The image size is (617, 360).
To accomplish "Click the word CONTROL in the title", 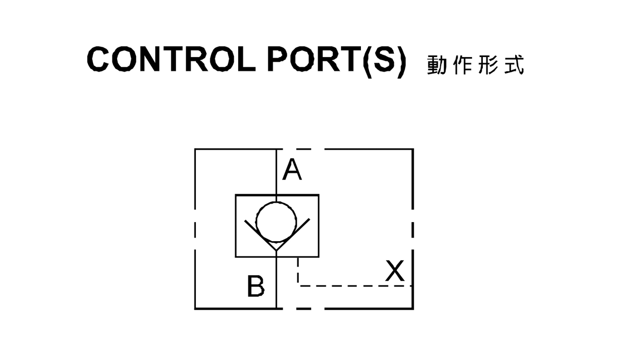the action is tap(171, 59).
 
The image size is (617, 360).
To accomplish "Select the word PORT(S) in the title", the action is tap(337, 61).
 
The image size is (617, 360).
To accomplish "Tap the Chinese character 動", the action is tap(437, 65).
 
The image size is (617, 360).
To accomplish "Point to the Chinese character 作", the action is tap(462, 65).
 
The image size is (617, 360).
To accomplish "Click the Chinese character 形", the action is tap(488, 65).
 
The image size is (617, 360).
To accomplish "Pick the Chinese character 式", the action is tap(514, 65).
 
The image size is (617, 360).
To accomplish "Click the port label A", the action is tap(292, 169).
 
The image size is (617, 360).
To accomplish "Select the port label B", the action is tap(256, 285).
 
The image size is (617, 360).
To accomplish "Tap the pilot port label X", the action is tap(395, 270).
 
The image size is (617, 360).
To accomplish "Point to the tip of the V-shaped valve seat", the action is tap(277, 250).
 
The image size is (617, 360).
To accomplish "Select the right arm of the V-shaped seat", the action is tap(293, 235).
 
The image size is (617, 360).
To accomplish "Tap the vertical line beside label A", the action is tap(277, 172).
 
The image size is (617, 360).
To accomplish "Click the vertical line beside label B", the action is tap(277, 283).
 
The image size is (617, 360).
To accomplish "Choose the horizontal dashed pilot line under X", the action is tap(355, 286).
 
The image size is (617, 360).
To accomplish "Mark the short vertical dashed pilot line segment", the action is tap(298, 271).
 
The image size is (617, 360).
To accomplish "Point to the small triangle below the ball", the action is tap(276, 245).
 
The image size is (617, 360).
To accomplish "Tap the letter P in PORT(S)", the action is tap(279, 59).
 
